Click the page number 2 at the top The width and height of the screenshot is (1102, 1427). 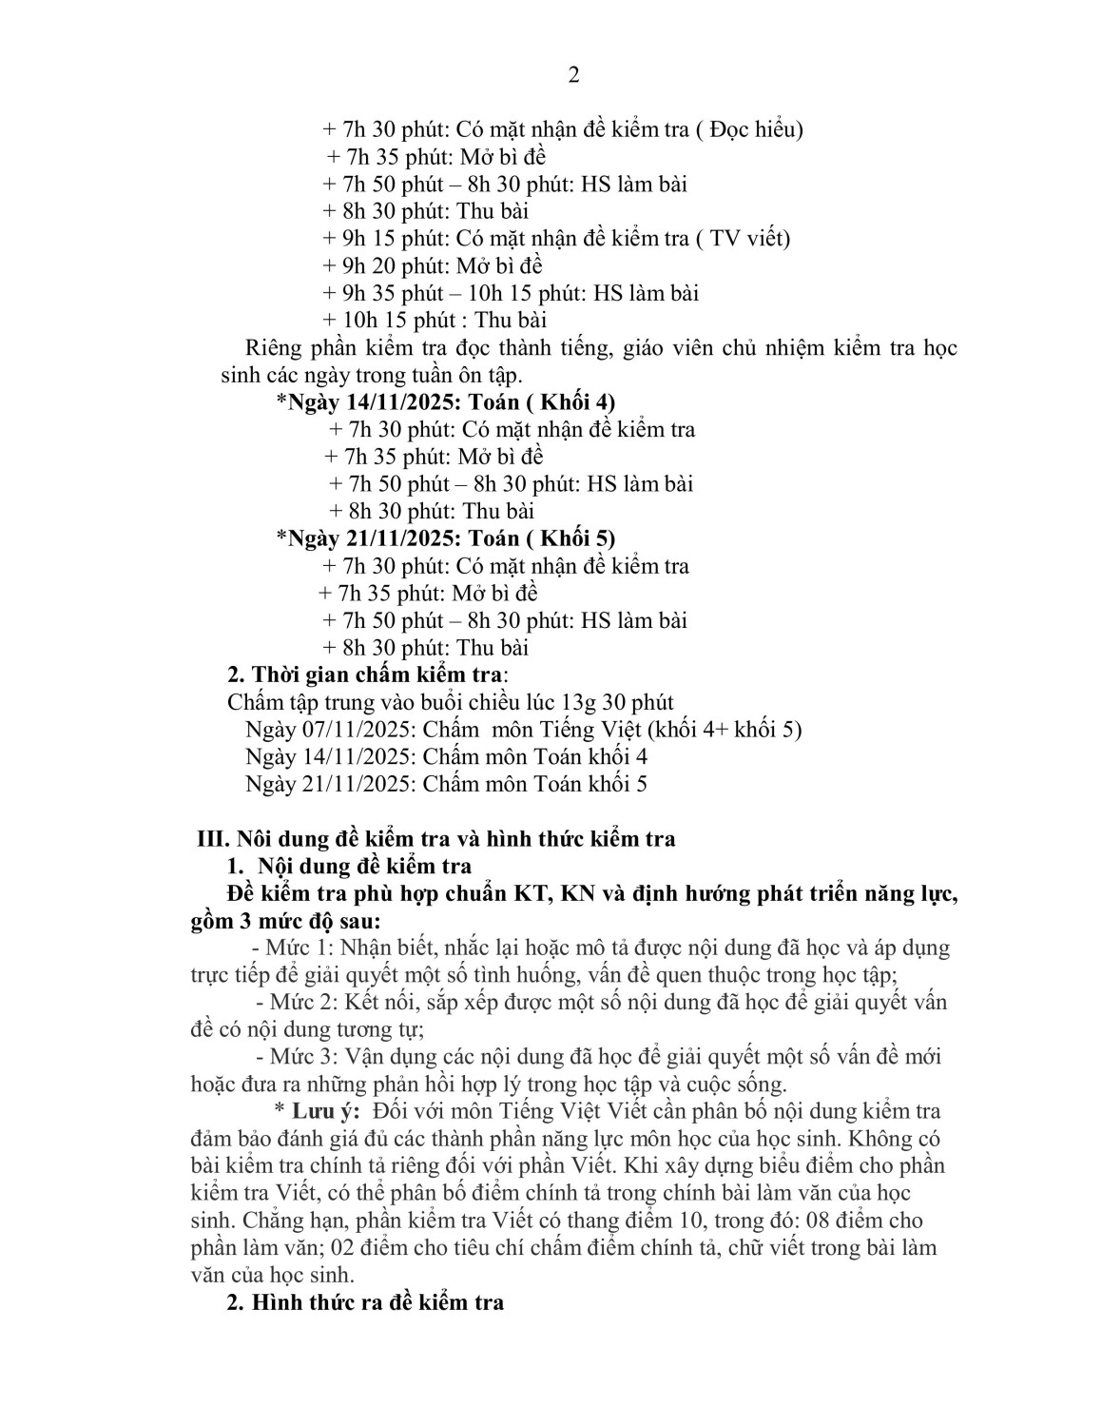(573, 75)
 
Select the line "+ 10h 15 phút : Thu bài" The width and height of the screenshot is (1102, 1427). (435, 320)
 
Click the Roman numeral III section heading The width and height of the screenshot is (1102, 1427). (435, 839)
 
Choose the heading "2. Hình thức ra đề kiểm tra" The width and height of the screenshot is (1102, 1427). (365, 1302)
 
